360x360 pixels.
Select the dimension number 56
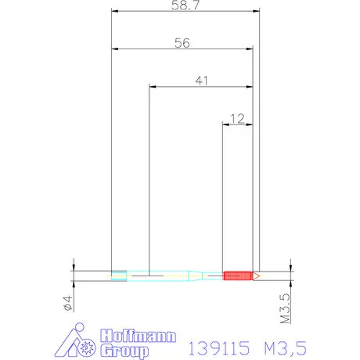[x=182, y=44]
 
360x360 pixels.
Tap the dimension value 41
[x=200, y=80]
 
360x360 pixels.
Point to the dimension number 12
[x=239, y=118]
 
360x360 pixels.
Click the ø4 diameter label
[x=67, y=303]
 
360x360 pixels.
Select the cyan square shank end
[x=119, y=275]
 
